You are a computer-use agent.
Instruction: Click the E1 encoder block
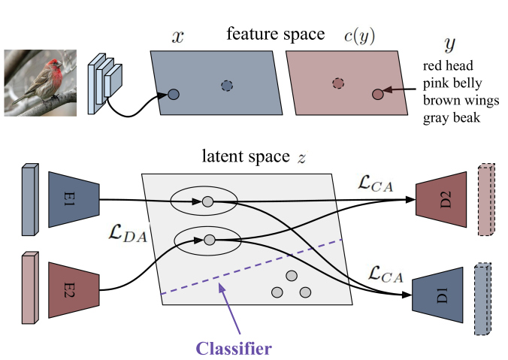click(x=74, y=199)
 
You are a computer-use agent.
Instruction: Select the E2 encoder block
click(x=74, y=290)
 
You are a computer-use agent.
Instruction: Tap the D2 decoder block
click(x=441, y=200)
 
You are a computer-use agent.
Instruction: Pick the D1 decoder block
click(x=437, y=295)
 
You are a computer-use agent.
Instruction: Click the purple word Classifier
click(x=234, y=349)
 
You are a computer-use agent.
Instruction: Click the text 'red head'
click(x=448, y=66)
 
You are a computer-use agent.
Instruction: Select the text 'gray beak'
click(x=452, y=118)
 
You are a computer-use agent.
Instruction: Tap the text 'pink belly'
click(x=452, y=83)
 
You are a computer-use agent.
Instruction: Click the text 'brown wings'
click(x=461, y=101)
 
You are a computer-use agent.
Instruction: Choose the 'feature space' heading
click(x=275, y=34)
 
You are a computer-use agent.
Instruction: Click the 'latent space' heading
click(x=246, y=156)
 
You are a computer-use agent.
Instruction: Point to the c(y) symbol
click(x=359, y=35)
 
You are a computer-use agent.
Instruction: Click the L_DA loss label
click(x=128, y=234)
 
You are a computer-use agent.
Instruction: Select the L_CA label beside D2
click(x=376, y=183)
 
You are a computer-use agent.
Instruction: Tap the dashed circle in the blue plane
click(x=227, y=86)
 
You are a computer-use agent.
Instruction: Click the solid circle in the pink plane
click(x=378, y=94)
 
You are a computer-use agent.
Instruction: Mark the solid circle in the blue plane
click(x=174, y=94)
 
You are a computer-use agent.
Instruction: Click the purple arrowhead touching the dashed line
click(x=222, y=287)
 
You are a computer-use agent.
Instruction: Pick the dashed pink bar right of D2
click(x=487, y=200)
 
